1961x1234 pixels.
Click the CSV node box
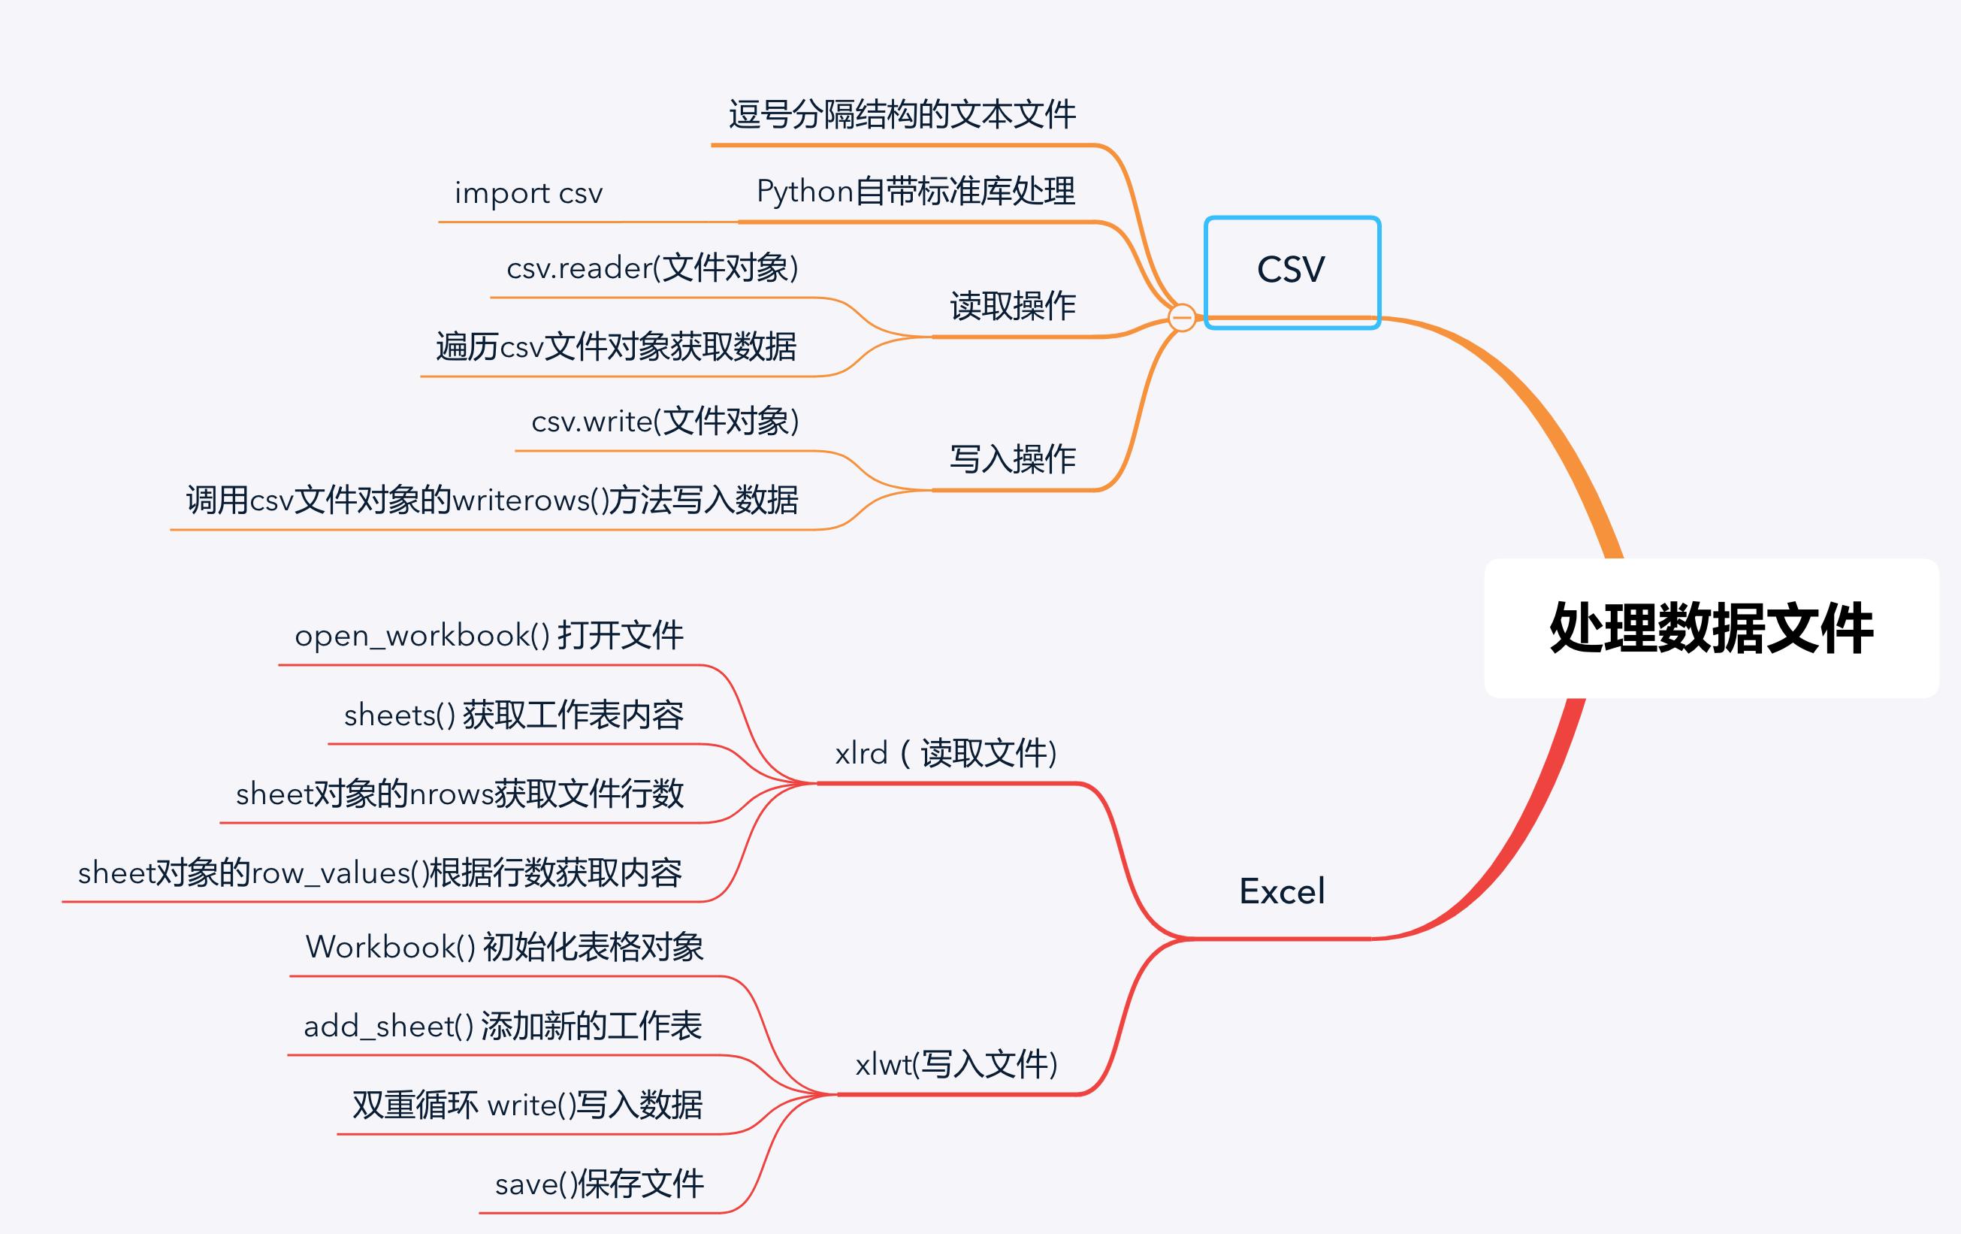[x=1292, y=271]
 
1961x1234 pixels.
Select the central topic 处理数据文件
[x=1710, y=628]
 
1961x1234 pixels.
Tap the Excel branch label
[x=1282, y=891]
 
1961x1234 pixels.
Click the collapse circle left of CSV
[x=1182, y=317]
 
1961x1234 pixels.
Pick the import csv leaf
[x=528, y=193]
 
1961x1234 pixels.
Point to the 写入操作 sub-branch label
[x=1012, y=459]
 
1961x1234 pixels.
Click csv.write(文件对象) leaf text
[x=664, y=421]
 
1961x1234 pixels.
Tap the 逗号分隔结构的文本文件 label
[x=902, y=115]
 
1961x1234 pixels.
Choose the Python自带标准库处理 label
[x=915, y=192]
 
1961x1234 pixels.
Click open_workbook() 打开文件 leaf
[x=488, y=635]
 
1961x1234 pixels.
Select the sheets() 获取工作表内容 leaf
[x=513, y=715]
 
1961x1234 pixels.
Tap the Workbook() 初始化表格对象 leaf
[x=504, y=946]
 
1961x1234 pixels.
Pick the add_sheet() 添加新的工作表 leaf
[x=503, y=1026]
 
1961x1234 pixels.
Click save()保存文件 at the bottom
[x=600, y=1184]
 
